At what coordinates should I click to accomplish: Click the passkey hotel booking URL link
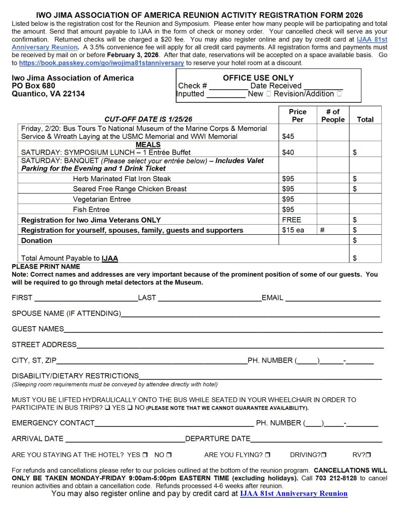coord(102,63)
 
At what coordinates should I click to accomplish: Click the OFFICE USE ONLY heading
coord(258,78)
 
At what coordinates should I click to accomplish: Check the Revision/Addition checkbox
coord(339,94)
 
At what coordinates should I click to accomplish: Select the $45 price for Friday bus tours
coord(288,136)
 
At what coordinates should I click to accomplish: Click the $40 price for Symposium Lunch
coord(288,152)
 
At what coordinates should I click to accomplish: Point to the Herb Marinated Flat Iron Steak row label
coord(122,179)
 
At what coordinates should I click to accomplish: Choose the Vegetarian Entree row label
coord(101,199)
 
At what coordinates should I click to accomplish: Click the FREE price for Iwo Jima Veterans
coord(292,220)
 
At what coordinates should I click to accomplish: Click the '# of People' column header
coord(332,116)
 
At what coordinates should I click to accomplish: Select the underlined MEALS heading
coord(148,144)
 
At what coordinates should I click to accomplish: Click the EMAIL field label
coord(272,298)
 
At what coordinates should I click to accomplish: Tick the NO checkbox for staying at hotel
coord(169,455)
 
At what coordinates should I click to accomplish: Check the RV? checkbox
coord(369,455)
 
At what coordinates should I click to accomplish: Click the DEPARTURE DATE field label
coord(218,438)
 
